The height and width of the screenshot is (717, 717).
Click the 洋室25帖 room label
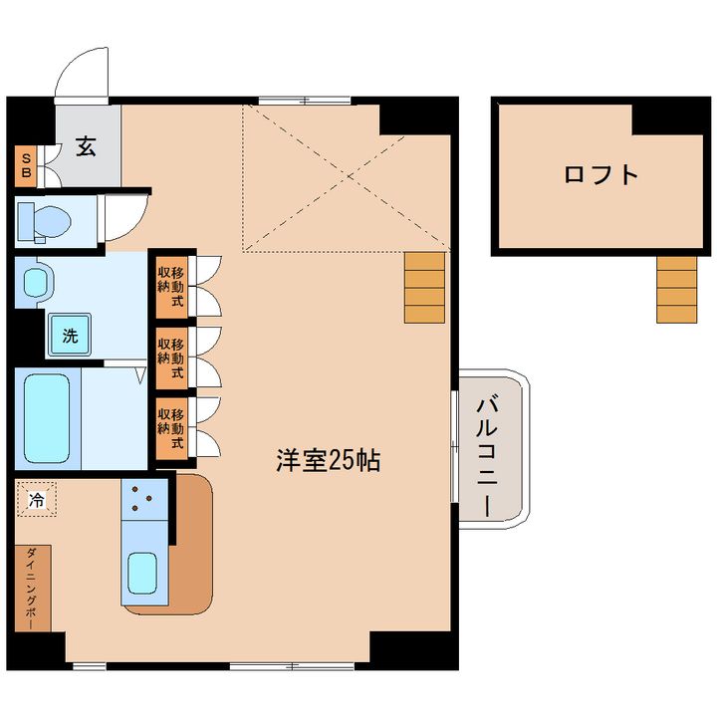pos(328,462)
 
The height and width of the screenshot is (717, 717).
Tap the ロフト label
pos(600,174)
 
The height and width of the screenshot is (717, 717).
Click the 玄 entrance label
pos(86,148)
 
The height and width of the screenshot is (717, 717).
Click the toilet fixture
pos(40,222)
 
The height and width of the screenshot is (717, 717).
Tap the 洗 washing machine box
pos(70,337)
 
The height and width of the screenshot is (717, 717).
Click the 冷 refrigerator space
pos(37,501)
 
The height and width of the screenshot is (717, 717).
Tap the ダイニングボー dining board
pos(32,588)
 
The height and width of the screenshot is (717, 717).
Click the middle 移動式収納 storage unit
pos(170,357)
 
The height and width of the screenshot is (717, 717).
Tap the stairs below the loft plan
pos(676,289)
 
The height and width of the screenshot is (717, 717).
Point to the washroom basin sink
pos(36,283)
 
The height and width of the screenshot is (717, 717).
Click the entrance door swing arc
pos(81,76)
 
